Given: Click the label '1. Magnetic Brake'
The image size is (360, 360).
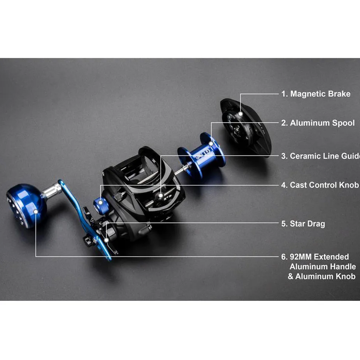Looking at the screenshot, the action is (x=316, y=94).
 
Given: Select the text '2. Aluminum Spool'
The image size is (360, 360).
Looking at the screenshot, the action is (x=318, y=123).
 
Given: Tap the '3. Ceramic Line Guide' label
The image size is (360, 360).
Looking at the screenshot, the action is (x=321, y=156).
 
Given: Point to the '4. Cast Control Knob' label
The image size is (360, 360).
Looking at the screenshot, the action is (x=320, y=185).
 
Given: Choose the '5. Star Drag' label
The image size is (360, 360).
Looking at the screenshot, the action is (x=303, y=224).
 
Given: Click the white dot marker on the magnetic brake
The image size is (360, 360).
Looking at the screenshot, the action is (x=241, y=114).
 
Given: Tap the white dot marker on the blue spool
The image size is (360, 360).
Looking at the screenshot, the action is (x=211, y=144).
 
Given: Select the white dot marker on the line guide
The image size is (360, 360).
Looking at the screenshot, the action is (x=161, y=196).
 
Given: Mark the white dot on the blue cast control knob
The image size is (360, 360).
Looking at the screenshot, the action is (x=100, y=202).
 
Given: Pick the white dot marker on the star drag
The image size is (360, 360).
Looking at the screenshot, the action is (x=107, y=240).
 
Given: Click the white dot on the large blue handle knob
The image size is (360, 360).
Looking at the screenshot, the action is (x=35, y=211).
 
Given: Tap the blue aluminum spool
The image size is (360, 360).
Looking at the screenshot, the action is (x=201, y=156).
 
